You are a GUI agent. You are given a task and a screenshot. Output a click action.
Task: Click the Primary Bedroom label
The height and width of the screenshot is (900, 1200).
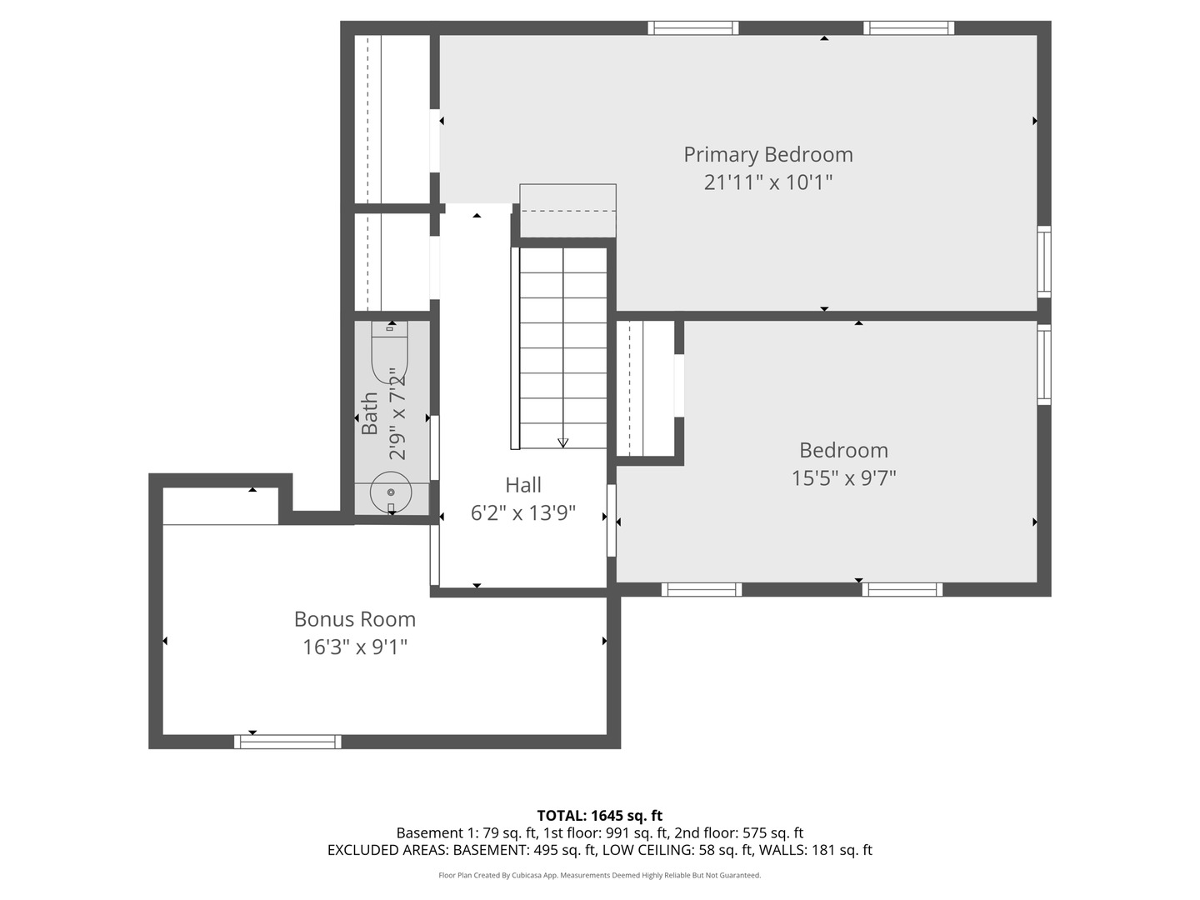point(767,155)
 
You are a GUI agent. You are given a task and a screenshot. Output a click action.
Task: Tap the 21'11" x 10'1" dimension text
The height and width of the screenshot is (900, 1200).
point(767,182)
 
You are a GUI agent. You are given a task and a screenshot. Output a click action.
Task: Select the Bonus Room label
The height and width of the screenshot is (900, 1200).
point(354,619)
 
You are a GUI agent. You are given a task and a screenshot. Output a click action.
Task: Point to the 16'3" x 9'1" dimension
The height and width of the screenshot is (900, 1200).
point(354,647)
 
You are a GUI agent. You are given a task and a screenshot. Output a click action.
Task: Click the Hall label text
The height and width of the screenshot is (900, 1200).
point(522,485)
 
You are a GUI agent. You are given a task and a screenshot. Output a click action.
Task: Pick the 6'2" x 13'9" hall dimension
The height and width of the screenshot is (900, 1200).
point(522,512)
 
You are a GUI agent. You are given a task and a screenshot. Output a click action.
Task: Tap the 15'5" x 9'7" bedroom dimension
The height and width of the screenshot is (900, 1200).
point(843,477)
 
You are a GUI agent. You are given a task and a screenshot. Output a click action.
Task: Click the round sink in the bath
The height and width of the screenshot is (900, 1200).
point(390,492)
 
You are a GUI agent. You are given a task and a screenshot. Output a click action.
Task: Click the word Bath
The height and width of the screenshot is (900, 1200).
point(369,414)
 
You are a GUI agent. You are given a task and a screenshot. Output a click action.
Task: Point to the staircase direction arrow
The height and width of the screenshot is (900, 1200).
point(562,442)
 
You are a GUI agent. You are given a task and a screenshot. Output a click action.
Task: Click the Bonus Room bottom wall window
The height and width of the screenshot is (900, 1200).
point(287,742)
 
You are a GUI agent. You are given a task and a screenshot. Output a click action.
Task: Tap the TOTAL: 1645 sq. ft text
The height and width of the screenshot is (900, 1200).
point(599,816)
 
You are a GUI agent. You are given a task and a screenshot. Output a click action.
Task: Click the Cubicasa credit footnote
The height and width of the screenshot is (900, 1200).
point(599,875)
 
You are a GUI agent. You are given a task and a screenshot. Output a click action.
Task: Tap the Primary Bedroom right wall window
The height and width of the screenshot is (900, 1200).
point(1043,261)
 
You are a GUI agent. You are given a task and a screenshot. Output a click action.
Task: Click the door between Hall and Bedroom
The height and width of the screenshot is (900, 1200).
point(612,521)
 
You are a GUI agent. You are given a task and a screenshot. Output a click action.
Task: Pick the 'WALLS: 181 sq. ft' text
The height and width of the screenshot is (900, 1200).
point(815,850)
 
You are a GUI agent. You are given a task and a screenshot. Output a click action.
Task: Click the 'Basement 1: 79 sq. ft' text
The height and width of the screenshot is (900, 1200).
point(465,832)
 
